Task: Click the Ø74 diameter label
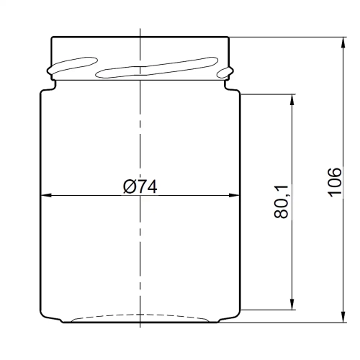[140, 186]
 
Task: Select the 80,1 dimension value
[282, 201]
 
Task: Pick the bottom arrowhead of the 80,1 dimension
[292, 305]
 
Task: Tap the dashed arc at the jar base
[140, 315]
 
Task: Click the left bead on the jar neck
[50, 71]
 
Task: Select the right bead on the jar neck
[230, 71]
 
